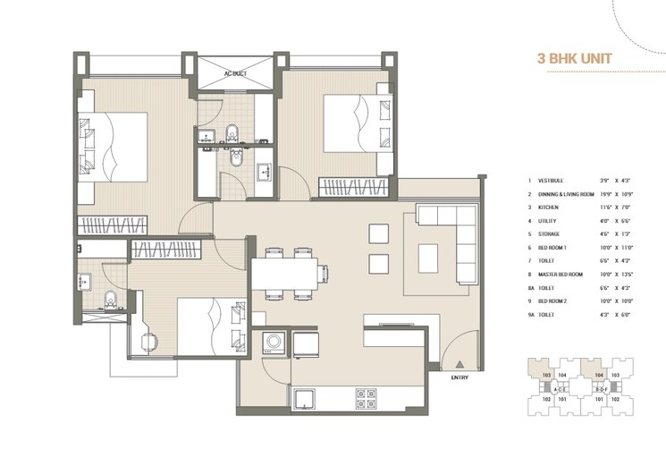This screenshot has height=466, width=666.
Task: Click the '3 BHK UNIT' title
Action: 574,59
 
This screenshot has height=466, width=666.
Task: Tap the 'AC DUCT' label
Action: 235,74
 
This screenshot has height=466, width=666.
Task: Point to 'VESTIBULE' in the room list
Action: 550,180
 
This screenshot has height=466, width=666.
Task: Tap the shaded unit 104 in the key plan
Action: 599,375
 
